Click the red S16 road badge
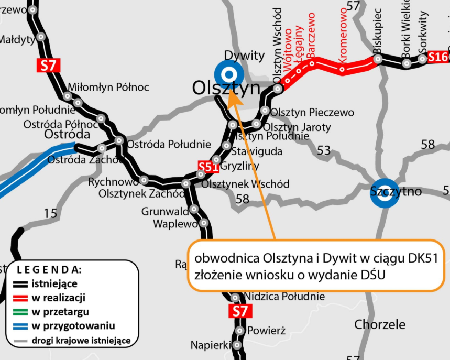pyautogui.click(x=438, y=57)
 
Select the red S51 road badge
pyautogui.click(x=207, y=167)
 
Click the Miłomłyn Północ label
pyautogui.click(x=108, y=87)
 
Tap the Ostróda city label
pyautogui.click(x=64, y=135)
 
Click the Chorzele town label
pyautogui.click(x=380, y=324)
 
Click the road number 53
pyautogui.click(x=324, y=150)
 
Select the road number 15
pyautogui.click(x=50, y=213)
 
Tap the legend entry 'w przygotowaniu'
pyautogui.click(x=73, y=326)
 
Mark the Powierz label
pyautogui.click(x=266, y=331)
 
